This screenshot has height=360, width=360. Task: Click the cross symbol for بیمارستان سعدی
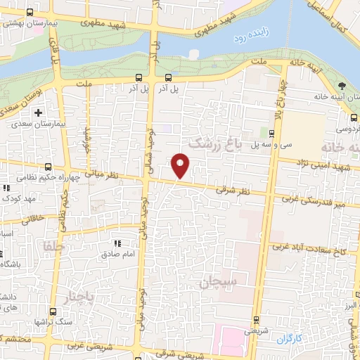click(x=38, y=112)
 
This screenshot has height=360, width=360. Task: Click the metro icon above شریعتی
click(x=256, y=318)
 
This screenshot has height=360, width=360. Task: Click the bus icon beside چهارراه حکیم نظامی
click(x=48, y=167)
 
